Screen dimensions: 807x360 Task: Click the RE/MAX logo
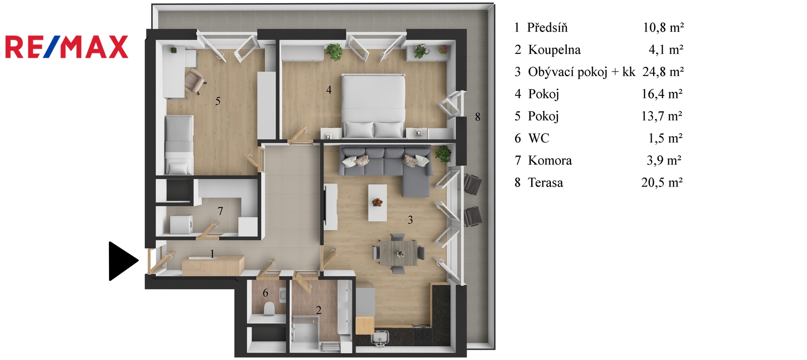(x=67, y=47)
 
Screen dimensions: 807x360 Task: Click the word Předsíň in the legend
(x=547, y=27)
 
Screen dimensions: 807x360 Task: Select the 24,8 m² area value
(x=663, y=72)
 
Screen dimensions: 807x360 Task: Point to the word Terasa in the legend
(x=545, y=183)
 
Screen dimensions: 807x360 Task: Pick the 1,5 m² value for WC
(x=665, y=138)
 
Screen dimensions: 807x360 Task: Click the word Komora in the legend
(x=550, y=160)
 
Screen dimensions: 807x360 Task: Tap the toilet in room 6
(x=269, y=308)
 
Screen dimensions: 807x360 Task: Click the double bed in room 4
(x=373, y=106)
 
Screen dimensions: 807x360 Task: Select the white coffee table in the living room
(x=377, y=203)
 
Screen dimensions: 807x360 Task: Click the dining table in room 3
(x=398, y=253)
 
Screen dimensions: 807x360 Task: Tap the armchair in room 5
(x=194, y=81)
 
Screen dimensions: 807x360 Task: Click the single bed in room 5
(x=179, y=145)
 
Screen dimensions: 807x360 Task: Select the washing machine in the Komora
(x=181, y=224)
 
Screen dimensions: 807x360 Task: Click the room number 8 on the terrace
(x=477, y=116)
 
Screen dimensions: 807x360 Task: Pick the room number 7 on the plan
(x=220, y=211)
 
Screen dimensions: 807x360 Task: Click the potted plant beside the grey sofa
(x=443, y=154)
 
